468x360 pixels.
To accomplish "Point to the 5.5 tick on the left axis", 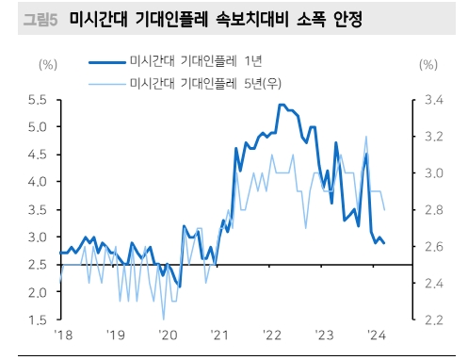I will click(38, 100).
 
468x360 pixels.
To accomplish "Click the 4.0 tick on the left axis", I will click(38, 182).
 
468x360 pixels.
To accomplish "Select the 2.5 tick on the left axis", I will click(38, 265).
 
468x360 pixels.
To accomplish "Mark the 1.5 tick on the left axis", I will click(38, 320).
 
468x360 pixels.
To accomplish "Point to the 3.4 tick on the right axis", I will click(429, 100).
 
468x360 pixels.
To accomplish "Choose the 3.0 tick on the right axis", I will click(429, 173).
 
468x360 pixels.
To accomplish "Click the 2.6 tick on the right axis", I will click(429, 247).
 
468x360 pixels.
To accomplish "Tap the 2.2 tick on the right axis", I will click(429, 320).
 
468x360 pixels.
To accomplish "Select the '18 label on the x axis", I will click(62, 335).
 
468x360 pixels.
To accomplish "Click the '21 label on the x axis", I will click(219, 335).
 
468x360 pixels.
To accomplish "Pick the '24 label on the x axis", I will click(377, 335).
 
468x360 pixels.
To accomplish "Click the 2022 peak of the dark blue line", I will click(282, 105).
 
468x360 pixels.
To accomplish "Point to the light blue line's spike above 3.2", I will click(365, 137).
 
